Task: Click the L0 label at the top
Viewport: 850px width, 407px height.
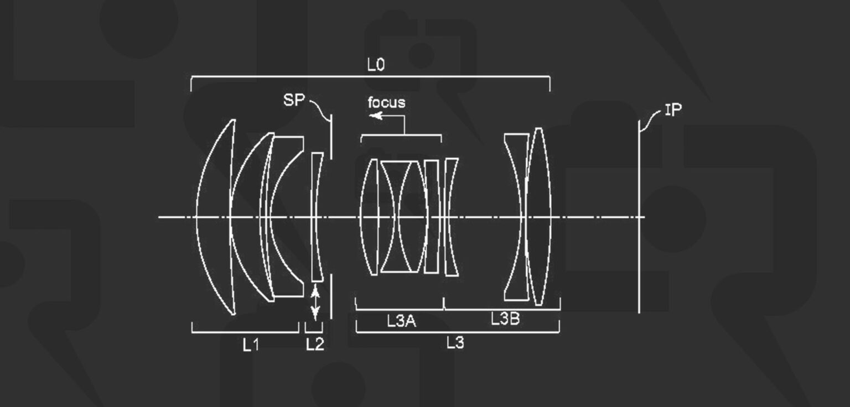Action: tap(376, 65)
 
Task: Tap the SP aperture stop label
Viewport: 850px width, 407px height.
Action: tap(294, 100)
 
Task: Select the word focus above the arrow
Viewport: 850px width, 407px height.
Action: tap(386, 102)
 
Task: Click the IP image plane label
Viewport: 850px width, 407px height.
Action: tap(673, 110)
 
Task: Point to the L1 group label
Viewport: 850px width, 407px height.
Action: tap(251, 345)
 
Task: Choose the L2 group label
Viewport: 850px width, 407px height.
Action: tap(314, 345)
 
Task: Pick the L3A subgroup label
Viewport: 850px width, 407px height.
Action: tap(402, 321)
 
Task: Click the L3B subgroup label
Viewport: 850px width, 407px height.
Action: tap(505, 319)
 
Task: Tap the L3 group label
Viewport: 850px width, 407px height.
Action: tap(455, 343)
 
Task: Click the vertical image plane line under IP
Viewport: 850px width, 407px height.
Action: tap(639, 221)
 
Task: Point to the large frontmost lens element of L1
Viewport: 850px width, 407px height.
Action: tap(216, 217)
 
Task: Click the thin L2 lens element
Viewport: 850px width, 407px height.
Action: tap(317, 217)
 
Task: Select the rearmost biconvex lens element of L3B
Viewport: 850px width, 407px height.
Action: tap(538, 217)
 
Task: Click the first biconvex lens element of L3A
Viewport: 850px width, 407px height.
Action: tap(369, 217)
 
